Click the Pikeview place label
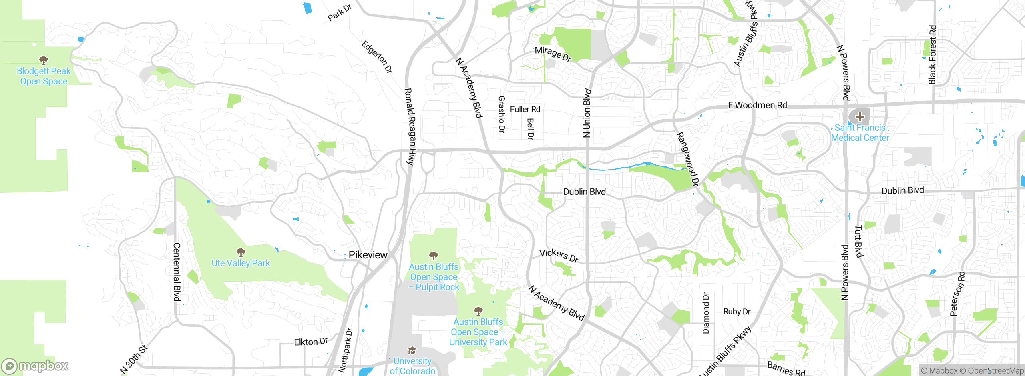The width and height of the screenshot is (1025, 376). (368, 255)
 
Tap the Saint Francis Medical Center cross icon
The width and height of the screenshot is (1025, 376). (860, 117)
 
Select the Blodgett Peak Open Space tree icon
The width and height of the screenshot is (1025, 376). (44, 60)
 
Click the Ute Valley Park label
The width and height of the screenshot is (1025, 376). (241, 263)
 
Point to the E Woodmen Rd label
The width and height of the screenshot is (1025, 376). (757, 105)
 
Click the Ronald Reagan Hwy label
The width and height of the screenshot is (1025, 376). (410, 127)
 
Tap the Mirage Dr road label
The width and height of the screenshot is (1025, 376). (553, 54)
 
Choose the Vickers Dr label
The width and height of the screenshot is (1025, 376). (559, 256)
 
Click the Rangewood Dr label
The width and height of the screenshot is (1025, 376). (687, 159)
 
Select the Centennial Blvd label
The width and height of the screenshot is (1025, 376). (177, 272)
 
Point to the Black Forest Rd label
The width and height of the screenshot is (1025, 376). (933, 55)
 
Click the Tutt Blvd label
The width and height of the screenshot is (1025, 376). (858, 241)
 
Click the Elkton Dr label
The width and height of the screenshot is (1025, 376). (311, 342)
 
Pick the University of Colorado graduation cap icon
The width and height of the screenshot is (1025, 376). (412, 351)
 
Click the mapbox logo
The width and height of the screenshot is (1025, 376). (35, 366)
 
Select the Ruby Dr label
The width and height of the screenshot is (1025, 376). (737, 312)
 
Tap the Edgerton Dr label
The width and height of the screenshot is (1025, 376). (377, 57)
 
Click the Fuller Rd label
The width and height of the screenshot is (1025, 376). (525, 109)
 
